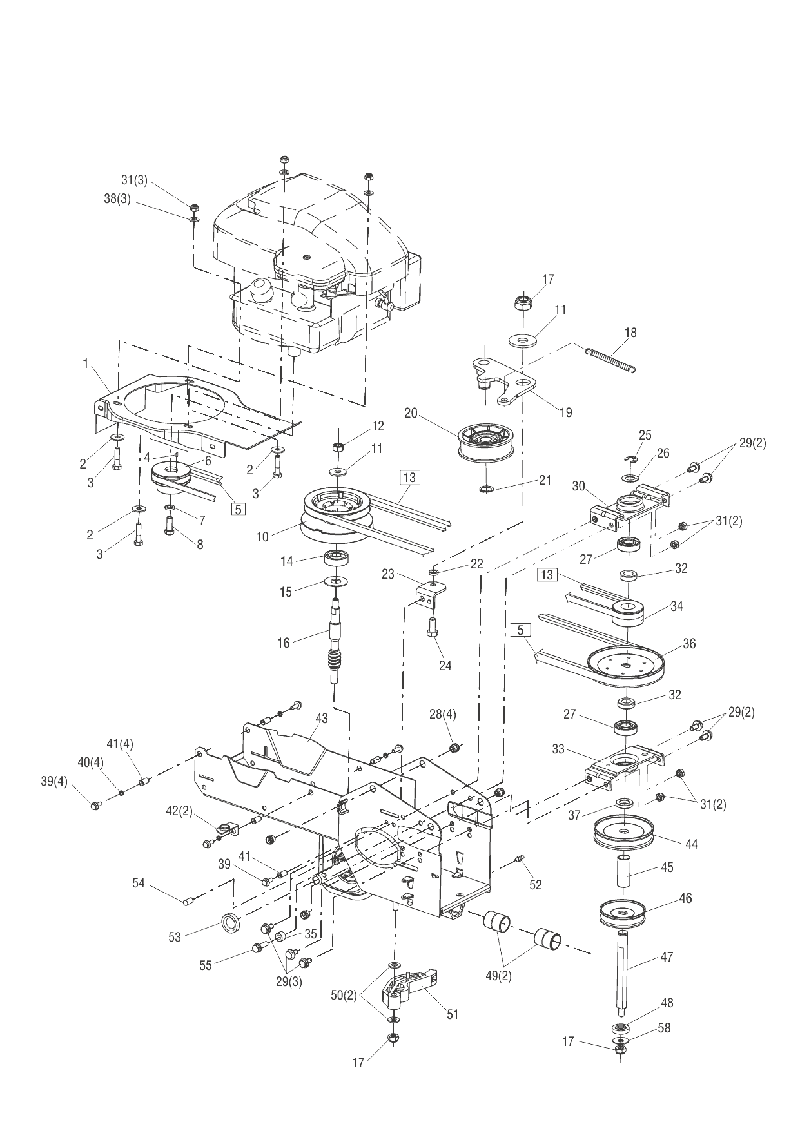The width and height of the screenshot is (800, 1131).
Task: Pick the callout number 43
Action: [321, 719]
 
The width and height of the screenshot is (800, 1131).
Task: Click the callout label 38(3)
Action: [117, 200]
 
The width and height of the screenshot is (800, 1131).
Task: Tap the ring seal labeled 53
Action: [230, 923]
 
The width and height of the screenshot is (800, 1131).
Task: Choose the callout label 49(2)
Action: [498, 976]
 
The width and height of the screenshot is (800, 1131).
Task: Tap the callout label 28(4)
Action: [443, 714]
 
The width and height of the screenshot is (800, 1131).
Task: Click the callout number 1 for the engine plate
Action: [85, 363]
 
